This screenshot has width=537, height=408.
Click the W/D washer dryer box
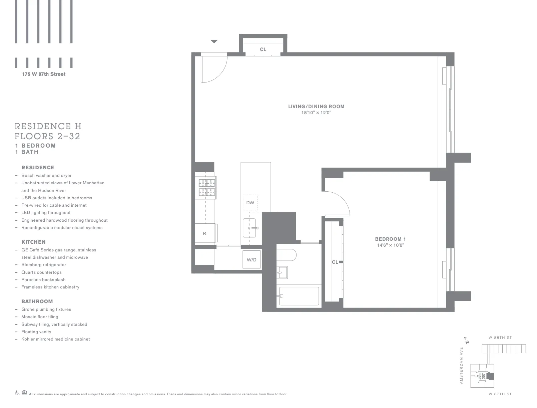click(252, 260)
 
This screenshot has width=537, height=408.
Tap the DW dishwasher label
click(250, 203)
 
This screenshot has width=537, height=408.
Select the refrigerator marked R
click(205, 233)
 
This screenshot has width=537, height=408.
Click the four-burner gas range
click(207, 188)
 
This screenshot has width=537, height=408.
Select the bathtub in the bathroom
click(299, 296)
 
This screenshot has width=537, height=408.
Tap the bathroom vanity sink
click(282, 272)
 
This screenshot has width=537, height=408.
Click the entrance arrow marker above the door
click(214, 42)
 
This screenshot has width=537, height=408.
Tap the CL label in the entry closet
click(263, 49)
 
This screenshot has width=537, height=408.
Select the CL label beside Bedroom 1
click(335, 262)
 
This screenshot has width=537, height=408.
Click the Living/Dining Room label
click(316, 107)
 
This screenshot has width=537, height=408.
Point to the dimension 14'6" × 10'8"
click(390, 245)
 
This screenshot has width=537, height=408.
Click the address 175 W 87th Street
click(44, 74)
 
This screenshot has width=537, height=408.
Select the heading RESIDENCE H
click(48, 126)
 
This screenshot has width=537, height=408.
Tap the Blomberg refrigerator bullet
click(44, 265)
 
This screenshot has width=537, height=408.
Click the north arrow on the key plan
click(467, 341)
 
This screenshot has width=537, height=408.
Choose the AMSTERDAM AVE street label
click(462, 365)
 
